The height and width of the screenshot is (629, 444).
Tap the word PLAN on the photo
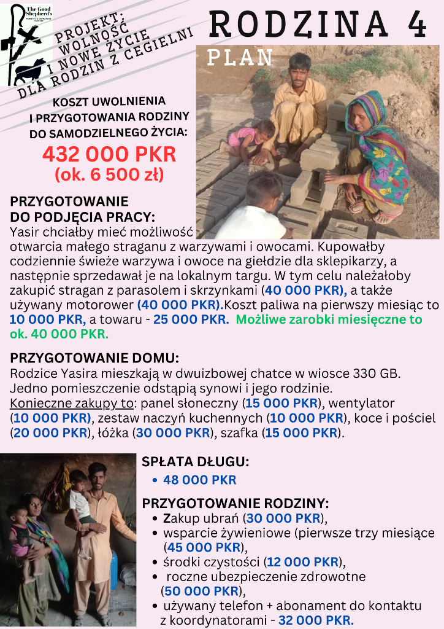240,57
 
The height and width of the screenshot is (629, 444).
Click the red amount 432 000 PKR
109,154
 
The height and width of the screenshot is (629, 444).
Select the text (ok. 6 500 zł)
109,174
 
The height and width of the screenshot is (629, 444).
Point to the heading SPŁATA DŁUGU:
196,462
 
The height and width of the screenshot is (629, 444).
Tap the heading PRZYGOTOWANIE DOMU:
95,358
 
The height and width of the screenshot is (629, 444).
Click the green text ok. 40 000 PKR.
59,334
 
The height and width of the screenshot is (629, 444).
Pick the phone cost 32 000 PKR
316,620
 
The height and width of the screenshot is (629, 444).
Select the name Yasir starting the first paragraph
26,232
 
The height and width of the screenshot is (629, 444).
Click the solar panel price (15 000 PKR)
283,403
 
